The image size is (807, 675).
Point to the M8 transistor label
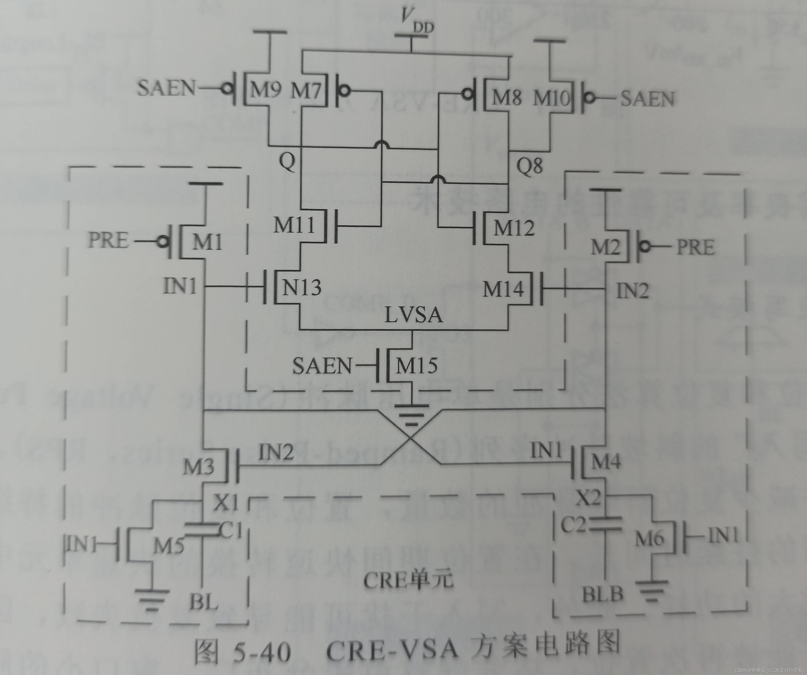coord(507,97)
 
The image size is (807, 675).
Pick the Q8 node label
coord(529,166)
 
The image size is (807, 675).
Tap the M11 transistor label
coord(294,225)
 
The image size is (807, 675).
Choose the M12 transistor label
coord(514,228)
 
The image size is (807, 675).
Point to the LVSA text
coord(413,315)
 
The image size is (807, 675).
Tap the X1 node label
coord(226,502)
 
